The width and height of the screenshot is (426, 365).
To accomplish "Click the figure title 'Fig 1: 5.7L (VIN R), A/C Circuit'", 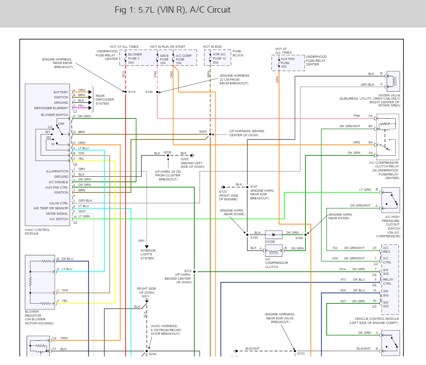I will (172, 10).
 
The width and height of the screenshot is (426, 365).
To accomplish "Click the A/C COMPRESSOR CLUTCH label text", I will (277, 263).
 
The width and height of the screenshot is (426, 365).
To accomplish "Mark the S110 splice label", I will (131, 92).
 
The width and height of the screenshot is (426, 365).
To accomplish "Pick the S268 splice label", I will (203, 132).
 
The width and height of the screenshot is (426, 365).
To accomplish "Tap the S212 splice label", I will (187, 271).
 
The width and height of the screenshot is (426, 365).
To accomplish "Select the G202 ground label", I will (184, 158).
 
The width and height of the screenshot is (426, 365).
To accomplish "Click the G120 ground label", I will (223, 191).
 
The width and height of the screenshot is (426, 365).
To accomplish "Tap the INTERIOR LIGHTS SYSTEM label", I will (147, 254).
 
